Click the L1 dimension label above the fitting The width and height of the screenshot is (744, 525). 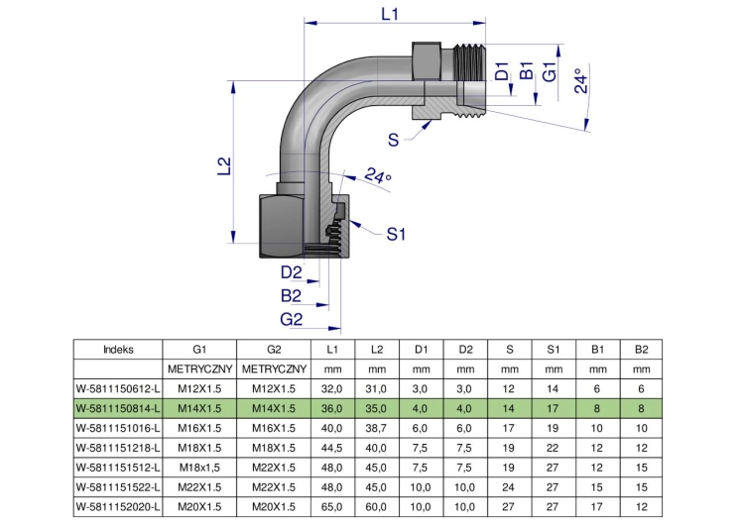point(390,14)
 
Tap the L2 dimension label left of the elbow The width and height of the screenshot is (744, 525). point(224,165)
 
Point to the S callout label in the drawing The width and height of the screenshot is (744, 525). point(394,141)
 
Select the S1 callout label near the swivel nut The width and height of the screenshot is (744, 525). point(396,234)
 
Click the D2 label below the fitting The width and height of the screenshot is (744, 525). point(292,272)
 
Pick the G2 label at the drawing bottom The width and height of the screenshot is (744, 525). point(292,319)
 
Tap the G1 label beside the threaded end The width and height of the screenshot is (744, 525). point(550,71)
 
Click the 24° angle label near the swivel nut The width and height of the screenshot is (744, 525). point(378,175)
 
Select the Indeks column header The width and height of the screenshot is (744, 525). point(118,350)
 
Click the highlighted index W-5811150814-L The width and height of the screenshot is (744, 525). point(118,408)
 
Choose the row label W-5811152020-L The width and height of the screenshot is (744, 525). point(118,507)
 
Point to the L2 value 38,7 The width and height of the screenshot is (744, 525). point(376,428)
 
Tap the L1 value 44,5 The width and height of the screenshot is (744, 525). point(331,449)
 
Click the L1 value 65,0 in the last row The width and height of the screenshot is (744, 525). point(331,507)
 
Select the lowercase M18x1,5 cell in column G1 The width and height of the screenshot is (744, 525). point(199,468)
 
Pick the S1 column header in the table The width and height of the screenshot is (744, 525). point(554,350)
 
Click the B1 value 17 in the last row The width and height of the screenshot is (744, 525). point(597,507)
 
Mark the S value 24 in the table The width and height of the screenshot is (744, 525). point(509,487)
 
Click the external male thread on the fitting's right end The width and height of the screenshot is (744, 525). point(470,80)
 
